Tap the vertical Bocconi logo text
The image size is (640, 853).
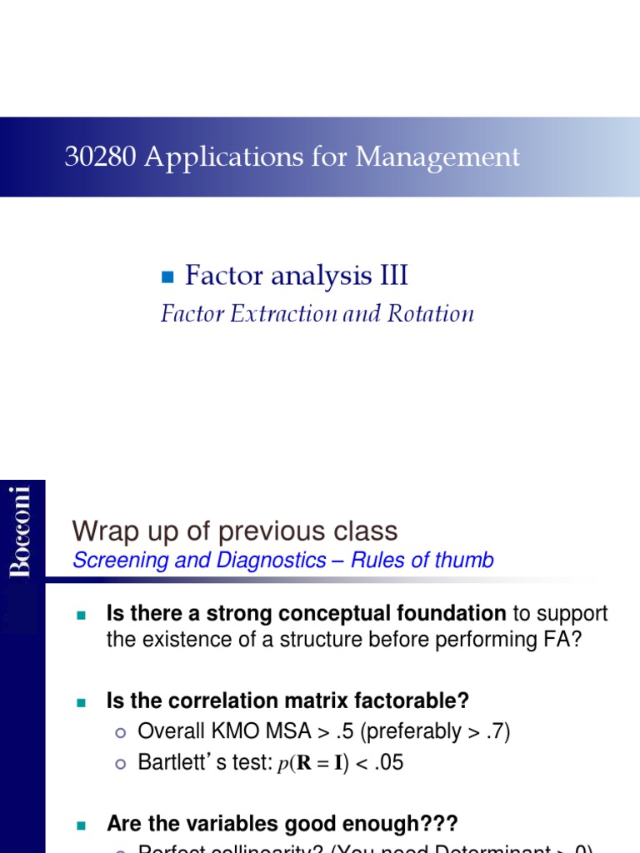click(22, 531)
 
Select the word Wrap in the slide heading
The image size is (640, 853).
click(101, 531)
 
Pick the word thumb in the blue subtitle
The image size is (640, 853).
click(466, 561)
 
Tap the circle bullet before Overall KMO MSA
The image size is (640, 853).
click(120, 732)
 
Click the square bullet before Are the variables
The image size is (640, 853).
click(81, 825)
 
